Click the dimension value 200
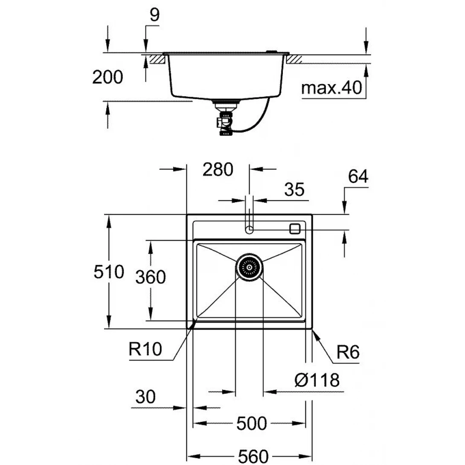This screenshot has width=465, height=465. pos(108,77)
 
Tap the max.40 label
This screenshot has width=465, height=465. pos(331,88)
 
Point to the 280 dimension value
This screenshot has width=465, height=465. pos(218,169)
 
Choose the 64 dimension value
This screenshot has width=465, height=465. pos(357,176)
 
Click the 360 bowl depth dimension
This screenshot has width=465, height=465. pos(150,277)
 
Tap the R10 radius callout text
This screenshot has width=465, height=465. pos(145,350)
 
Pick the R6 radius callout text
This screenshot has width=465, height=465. pos(348,353)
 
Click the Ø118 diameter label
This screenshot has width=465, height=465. pos(317,379)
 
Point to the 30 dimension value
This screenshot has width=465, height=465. pos(145,397)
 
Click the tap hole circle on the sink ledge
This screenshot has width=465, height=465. pos(250,230)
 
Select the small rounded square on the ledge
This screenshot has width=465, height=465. pos(295,228)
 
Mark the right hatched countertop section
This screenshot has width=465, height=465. pos(295,59)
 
